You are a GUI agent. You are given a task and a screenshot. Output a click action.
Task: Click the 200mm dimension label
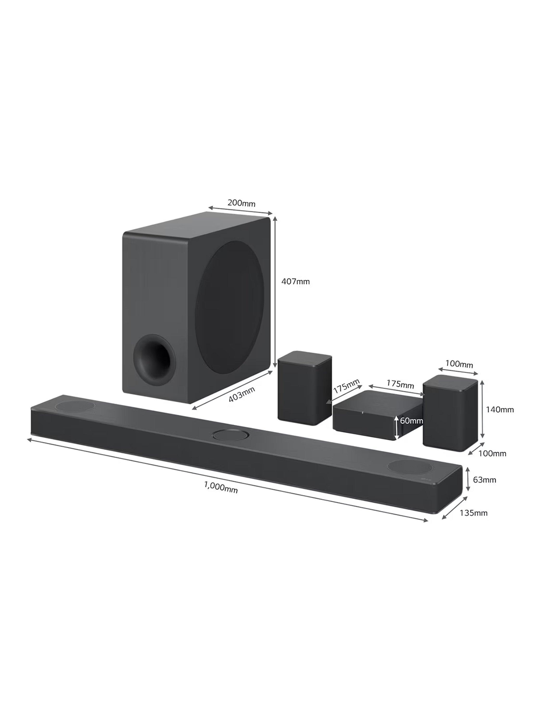coord(241,203)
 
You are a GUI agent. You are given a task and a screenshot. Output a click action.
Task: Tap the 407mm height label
coord(296,281)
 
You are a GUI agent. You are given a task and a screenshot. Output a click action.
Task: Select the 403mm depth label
coord(242,394)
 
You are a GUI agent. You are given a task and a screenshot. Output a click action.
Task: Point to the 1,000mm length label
coord(221,487)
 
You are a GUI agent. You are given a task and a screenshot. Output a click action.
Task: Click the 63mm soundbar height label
coord(484,480)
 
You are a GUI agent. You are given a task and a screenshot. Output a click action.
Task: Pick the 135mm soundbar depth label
coord(473,513)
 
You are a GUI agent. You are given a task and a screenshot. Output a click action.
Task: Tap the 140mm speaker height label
coord(500,410)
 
